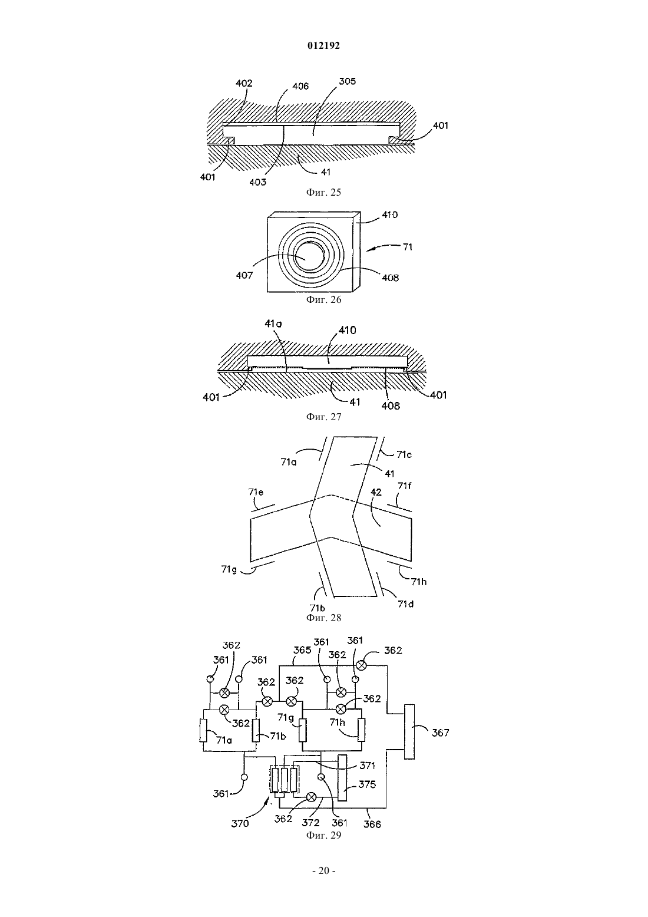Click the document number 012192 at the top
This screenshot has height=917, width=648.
323,45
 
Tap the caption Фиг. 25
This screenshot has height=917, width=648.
323,192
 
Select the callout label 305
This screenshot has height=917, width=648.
348,81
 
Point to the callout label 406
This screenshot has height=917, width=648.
300,86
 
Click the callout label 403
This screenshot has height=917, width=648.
258,182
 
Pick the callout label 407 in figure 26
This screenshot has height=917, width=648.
244,275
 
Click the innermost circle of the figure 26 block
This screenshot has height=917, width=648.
309,257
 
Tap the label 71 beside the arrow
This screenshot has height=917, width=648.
408,247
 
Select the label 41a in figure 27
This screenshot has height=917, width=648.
273,324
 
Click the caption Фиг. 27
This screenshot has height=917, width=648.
323,417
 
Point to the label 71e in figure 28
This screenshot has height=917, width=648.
256,492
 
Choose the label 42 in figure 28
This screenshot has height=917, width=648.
376,492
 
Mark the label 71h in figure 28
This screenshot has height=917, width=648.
418,582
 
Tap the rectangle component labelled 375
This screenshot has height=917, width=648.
342,777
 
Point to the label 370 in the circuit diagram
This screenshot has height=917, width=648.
240,823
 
